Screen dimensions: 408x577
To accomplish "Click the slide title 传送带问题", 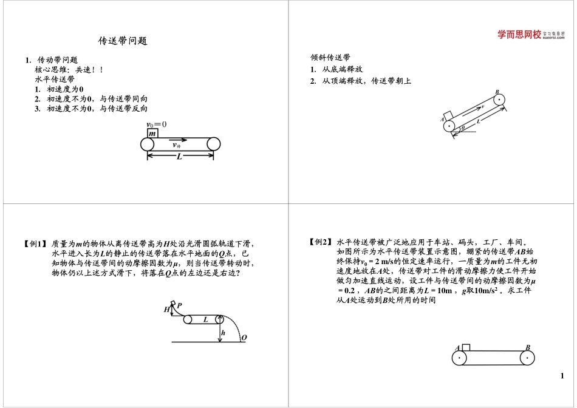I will (123, 41).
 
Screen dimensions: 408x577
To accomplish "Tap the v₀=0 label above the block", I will (156, 124).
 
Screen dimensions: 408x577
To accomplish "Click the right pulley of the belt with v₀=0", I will (213, 144).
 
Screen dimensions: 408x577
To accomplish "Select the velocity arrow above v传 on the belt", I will (179, 139).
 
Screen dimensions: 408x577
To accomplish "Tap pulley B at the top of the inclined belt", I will (499, 101).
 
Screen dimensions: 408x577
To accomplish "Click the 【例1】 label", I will (35, 244).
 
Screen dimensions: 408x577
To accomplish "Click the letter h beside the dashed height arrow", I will (223, 333).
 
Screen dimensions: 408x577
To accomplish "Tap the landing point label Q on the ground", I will (244, 337).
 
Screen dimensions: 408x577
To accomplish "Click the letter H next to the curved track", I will (166, 310).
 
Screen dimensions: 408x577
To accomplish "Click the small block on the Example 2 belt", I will (466, 347).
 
